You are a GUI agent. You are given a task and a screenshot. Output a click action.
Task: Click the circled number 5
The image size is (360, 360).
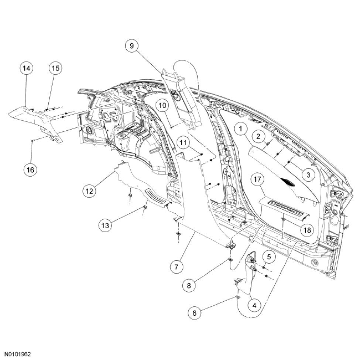click(x=269, y=256)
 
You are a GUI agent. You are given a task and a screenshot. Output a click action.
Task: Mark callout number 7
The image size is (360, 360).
click(x=177, y=266)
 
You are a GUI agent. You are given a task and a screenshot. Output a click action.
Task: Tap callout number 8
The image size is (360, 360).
click(x=189, y=285)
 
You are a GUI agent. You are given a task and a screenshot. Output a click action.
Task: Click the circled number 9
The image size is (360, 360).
click(x=131, y=46)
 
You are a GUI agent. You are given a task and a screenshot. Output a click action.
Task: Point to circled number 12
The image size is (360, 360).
click(x=89, y=191)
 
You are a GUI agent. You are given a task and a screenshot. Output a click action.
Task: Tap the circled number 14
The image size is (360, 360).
click(x=27, y=68)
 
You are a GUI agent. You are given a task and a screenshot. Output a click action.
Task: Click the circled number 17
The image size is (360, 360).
click(x=257, y=180)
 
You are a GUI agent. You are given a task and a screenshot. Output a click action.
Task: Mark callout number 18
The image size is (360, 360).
click(x=307, y=230)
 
